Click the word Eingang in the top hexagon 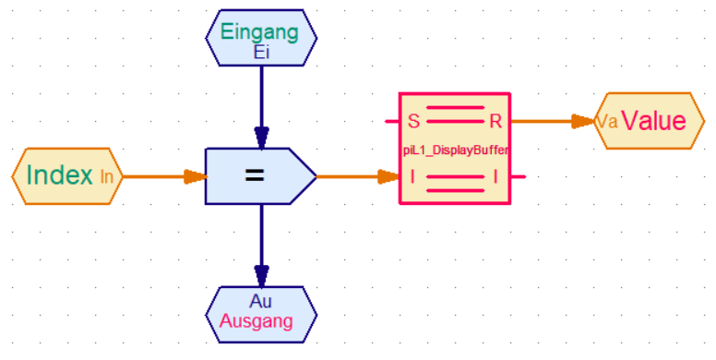coord(259,33)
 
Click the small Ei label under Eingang coord(261,53)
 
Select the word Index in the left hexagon coord(59,174)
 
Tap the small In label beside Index coord(106,177)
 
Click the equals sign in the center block coord(255,175)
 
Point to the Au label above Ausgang coord(261,301)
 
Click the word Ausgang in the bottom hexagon coord(257,321)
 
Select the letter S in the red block coord(413,121)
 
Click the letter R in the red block coord(495,121)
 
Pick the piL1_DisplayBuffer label coord(455,150)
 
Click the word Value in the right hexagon coord(654,121)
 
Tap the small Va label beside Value coord(607,122)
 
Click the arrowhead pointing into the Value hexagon coord(583,122)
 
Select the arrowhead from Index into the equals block coord(196,177)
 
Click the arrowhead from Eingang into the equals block coord(262,138)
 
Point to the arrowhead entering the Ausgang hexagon coord(262,276)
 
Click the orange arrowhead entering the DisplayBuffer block coord(389,177)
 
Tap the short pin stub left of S coord(392,122)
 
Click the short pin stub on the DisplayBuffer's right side coord(518,176)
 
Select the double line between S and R coord(455,114)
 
